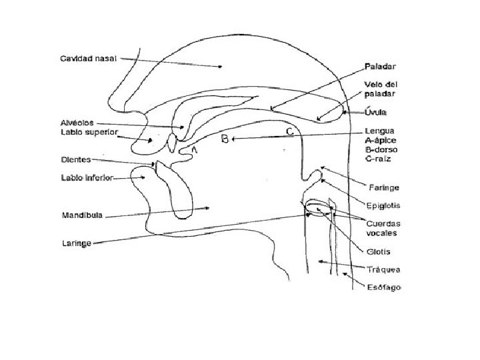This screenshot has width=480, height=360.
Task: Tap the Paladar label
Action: click(381, 67)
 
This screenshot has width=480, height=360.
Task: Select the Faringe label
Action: click(384, 186)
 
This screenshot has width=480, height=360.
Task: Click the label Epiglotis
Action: click(383, 205)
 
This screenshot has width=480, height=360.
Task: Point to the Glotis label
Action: click(378, 251)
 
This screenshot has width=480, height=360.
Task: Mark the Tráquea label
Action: click(383, 269)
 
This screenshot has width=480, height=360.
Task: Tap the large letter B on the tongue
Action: click(225, 139)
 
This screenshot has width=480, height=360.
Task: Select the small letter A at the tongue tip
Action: click(195, 151)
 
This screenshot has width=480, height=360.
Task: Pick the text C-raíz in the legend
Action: click(379, 160)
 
